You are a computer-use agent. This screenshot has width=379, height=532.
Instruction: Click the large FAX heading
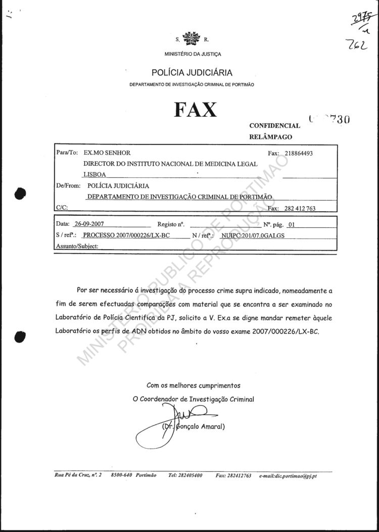196,109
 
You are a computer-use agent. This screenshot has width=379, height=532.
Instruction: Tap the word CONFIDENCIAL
274,125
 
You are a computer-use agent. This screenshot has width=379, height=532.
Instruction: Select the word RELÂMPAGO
270,137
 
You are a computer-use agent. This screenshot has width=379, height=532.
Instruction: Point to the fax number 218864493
299,154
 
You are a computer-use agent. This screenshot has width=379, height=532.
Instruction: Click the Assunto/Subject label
76,246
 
